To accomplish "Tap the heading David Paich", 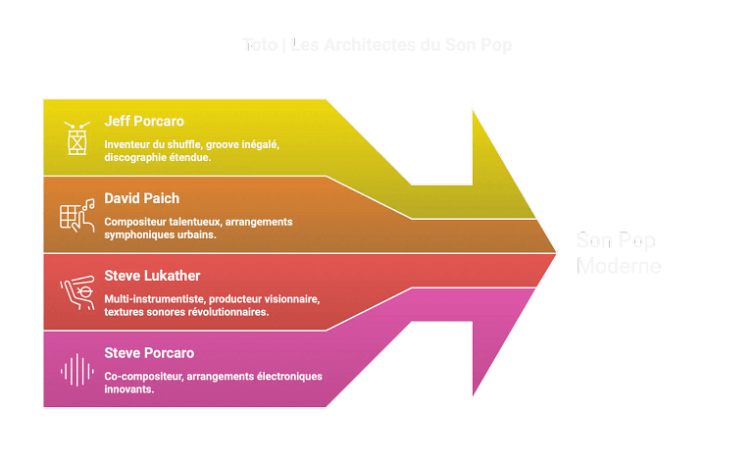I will tap(141, 199).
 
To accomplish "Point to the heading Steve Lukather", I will tap(152, 276).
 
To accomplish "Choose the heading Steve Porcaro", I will tap(149, 352).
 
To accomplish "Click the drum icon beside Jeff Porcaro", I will tap(75, 138).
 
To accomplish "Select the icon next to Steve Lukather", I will tap(75, 291).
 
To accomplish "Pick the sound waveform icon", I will tap(75, 369).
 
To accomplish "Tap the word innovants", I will tap(127, 389).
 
